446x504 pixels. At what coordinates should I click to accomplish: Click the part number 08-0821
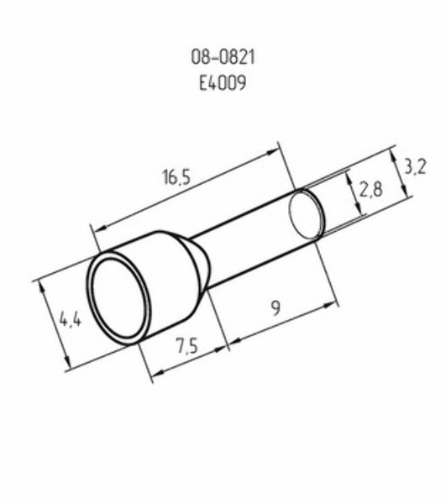click(x=223, y=57)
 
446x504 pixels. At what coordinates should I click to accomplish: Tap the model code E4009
click(x=223, y=82)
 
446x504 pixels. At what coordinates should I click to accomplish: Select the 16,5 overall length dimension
click(x=176, y=177)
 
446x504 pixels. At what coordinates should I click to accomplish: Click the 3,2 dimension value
click(x=415, y=167)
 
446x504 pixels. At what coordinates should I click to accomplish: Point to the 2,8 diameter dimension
click(x=370, y=190)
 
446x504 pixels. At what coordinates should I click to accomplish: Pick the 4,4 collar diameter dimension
click(x=71, y=320)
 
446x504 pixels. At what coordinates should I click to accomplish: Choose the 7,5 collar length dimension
click(x=186, y=346)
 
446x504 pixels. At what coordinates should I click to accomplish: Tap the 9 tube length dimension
click(x=275, y=307)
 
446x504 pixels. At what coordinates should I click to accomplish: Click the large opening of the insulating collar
click(x=118, y=298)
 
